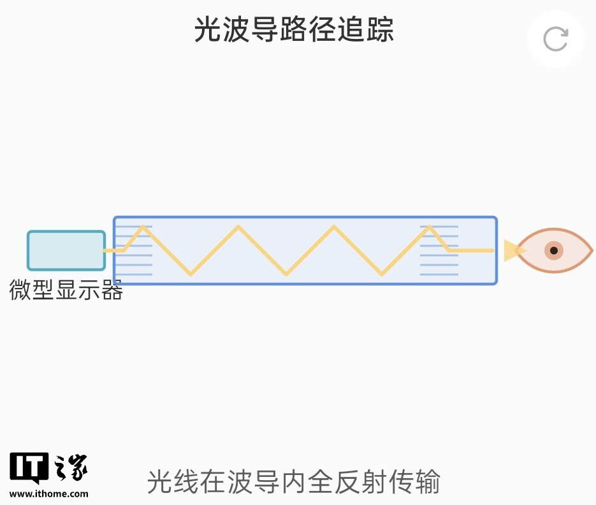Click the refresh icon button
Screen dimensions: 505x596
tap(555, 39)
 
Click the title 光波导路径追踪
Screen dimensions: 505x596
tap(294, 30)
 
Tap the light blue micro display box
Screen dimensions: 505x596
tap(66, 250)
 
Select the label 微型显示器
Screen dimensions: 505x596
tap(66, 290)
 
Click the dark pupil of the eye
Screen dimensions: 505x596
tap(554, 250)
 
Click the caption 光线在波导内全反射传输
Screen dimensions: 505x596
tap(293, 481)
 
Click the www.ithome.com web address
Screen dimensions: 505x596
tap(49, 494)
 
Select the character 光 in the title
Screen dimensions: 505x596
tap(208, 30)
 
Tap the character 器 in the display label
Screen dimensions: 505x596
tap(112, 290)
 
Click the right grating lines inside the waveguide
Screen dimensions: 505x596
tap(439, 250)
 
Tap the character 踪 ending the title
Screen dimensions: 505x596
tap(381, 30)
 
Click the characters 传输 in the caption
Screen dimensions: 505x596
tap(411, 481)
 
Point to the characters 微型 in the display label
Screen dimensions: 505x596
tap(31, 290)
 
